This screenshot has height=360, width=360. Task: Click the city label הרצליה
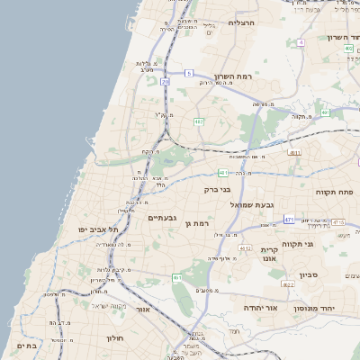coord(243,22)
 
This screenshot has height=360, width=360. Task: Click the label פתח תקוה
coord(335,193)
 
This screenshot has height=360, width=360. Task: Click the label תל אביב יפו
coord(99,229)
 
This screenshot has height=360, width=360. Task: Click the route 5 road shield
coord(189,72)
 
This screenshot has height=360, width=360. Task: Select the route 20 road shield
coord(166,82)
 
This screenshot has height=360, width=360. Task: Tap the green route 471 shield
coord(289,219)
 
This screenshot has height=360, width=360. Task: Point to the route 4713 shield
coord(337,221)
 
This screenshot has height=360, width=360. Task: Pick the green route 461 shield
coord(177,277)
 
